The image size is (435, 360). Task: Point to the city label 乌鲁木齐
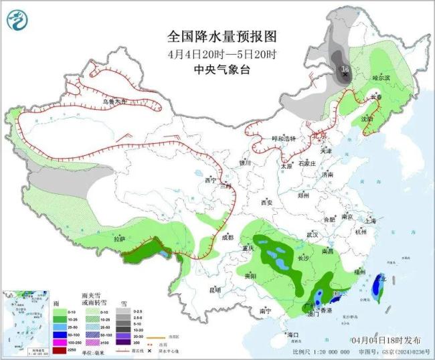[114, 102]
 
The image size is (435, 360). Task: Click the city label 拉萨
[119, 239]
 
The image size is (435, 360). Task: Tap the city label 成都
[226, 238]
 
